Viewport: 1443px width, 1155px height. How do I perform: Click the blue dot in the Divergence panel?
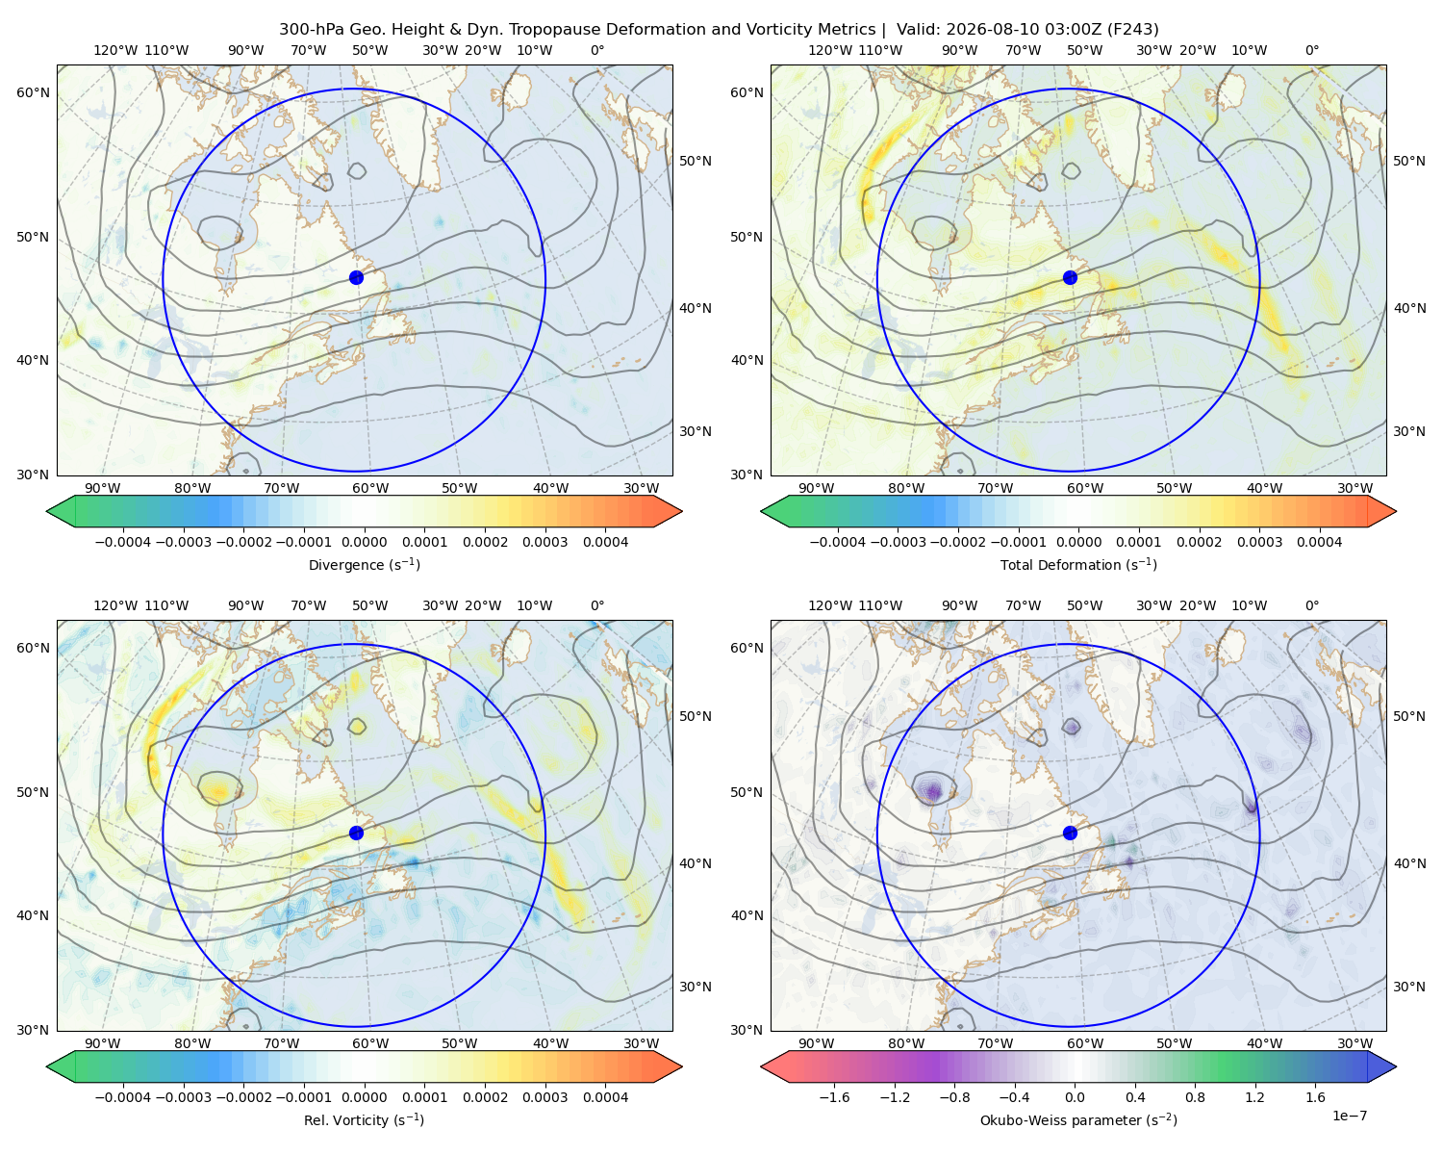coord(356,278)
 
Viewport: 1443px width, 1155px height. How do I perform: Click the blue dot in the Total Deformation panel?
coord(1070,278)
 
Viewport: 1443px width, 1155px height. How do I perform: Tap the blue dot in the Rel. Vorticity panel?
coord(356,833)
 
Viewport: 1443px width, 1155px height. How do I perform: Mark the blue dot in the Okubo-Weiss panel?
coord(1070,833)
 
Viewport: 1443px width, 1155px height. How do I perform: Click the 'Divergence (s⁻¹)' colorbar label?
coord(364,564)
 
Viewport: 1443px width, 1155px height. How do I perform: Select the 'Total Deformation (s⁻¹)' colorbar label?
coord(1078,564)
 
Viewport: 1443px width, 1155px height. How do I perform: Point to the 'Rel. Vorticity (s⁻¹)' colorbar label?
coord(364,1120)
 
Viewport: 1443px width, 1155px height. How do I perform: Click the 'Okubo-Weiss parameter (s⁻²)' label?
coord(1078,1120)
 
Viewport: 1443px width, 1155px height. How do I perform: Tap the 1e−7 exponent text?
coord(1349,1116)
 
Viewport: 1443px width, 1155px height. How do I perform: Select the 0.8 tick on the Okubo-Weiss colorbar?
coord(1195,1097)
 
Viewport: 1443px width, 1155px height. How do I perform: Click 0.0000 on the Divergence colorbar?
coord(364,542)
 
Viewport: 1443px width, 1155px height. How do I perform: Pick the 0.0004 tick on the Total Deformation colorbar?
coord(1320,542)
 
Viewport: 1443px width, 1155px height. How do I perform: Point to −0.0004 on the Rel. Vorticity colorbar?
coord(123,1097)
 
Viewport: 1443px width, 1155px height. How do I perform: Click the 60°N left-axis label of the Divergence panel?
coord(34,92)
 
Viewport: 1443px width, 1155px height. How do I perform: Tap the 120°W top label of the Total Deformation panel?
coord(829,50)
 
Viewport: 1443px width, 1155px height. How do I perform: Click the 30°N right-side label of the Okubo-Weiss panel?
coord(1409,987)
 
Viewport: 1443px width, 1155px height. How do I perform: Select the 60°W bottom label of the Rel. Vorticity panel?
coord(370,1043)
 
